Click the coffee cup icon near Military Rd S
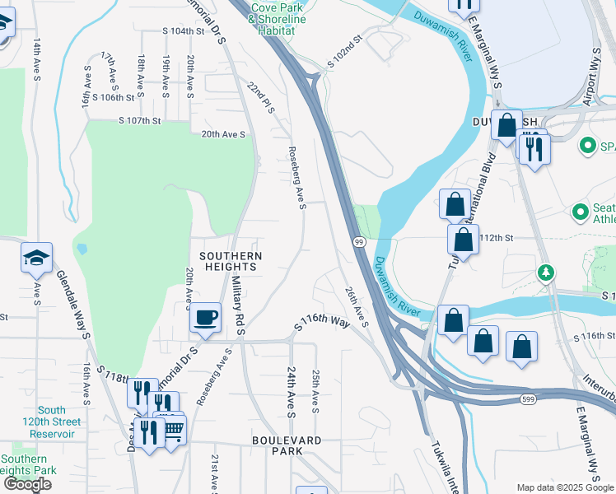tap(205, 315)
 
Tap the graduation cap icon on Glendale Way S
tap(36, 259)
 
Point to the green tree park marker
tap(544, 272)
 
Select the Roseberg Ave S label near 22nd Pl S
tap(298, 177)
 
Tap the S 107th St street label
tap(138, 120)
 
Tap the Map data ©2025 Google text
tap(564, 487)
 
